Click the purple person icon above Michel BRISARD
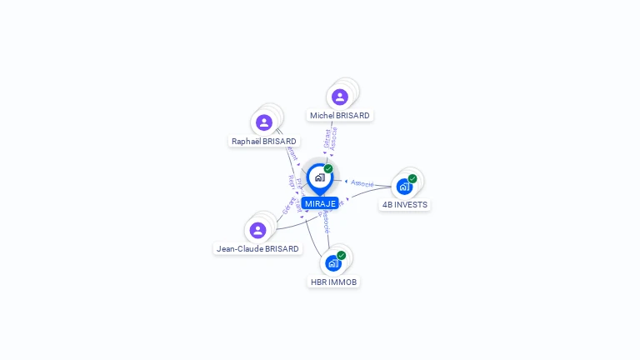[x=339, y=97]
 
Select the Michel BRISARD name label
[x=339, y=116]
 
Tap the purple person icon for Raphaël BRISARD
[x=264, y=122]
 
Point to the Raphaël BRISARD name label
[x=264, y=142]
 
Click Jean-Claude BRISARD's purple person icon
[x=257, y=230]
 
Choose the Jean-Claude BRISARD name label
[x=257, y=248]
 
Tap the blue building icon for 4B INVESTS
[x=404, y=187]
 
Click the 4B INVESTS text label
[x=405, y=205]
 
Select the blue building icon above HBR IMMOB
[x=333, y=263]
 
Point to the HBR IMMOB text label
[x=333, y=282]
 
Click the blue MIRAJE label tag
[x=320, y=203]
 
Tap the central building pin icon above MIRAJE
[x=319, y=177]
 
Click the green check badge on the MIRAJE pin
[x=328, y=169]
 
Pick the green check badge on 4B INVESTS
[x=412, y=178]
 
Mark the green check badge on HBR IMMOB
[x=342, y=255]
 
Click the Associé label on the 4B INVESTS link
[x=362, y=183]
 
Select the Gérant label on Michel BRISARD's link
[x=327, y=138]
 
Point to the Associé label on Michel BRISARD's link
[x=334, y=138]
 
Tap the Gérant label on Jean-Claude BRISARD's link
[x=288, y=206]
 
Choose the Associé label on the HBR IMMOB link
[x=326, y=222]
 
